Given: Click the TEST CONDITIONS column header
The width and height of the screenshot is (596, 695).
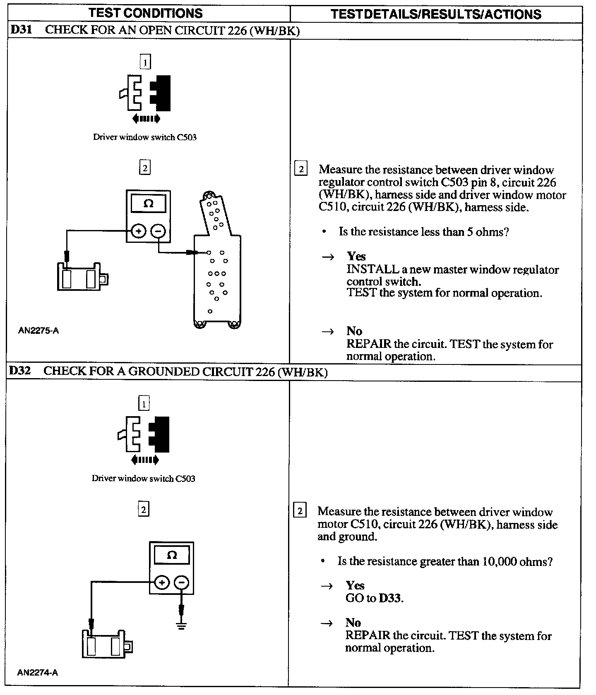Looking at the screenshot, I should click(146, 13).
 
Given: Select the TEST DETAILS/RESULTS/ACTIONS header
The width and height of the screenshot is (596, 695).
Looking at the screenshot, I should click(436, 14).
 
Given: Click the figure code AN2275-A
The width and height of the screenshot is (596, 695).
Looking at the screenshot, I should click(38, 331).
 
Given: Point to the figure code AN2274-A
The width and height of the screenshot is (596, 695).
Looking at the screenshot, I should click(38, 672).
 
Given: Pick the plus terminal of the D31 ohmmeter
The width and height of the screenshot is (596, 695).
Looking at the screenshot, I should click(139, 231).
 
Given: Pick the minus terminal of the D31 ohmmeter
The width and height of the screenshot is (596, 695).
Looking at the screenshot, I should click(158, 231).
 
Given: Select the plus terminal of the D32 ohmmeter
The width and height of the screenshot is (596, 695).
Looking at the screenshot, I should click(162, 582).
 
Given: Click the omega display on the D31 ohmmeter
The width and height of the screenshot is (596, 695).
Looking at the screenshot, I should click(149, 204).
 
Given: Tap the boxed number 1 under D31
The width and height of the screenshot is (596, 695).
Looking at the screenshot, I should click(145, 62).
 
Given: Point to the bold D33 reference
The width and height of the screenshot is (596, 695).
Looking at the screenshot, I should click(391, 598).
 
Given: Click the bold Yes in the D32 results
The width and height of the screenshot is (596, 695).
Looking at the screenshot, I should click(355, 585).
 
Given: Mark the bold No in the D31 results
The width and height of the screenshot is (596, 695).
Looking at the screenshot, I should click(354, 331).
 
